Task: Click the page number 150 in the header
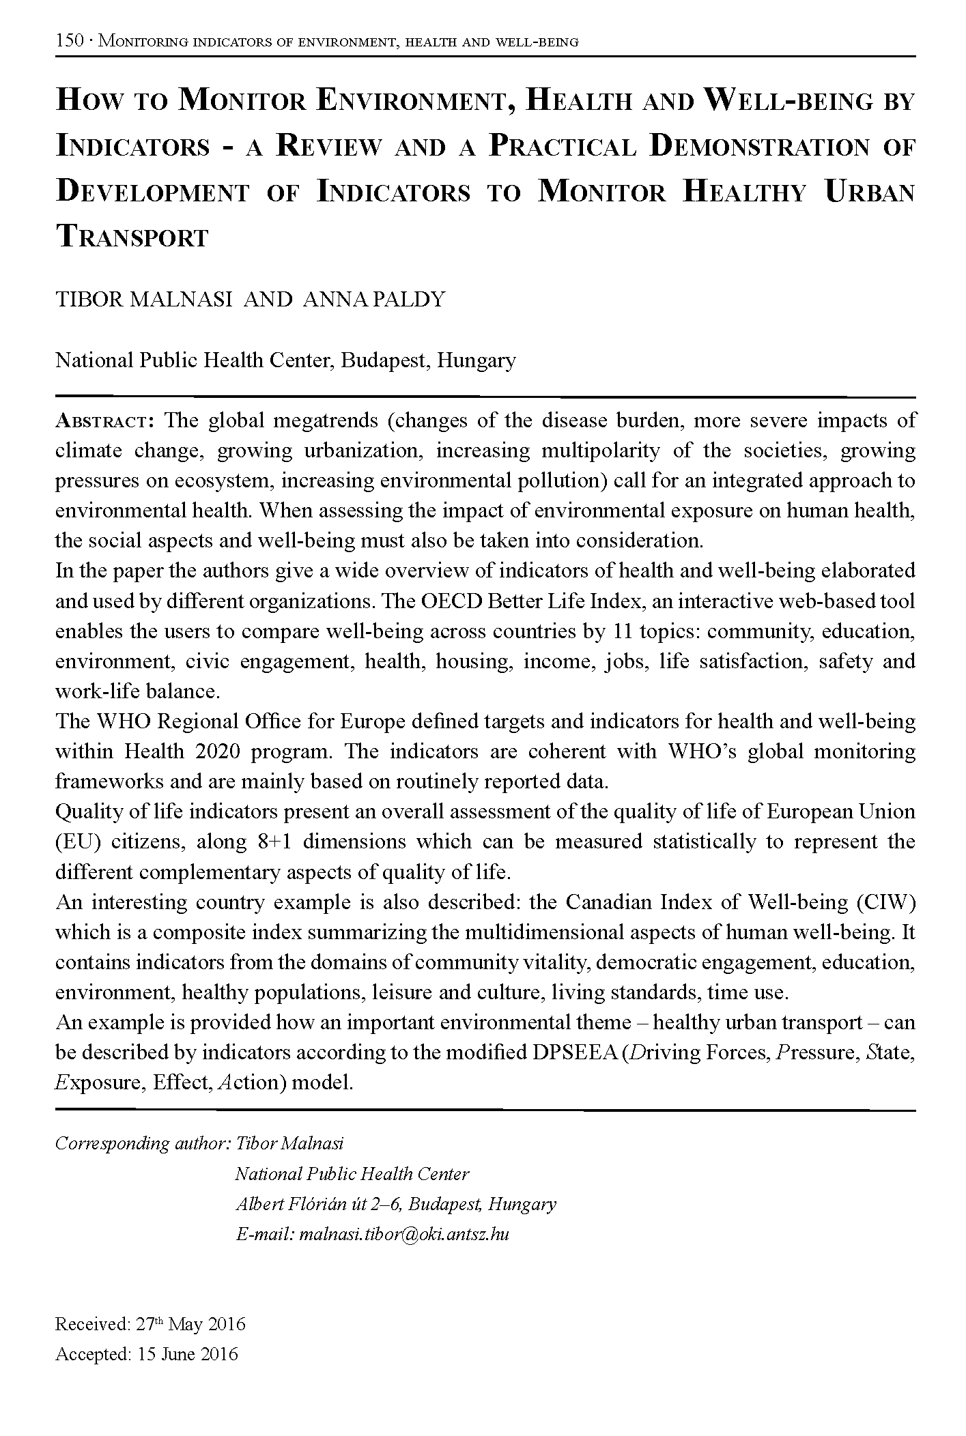coord(69,42)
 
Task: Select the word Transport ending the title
coord(132,238)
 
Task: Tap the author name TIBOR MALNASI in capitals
coord(144,300)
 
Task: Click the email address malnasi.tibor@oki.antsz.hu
coord(404,1233)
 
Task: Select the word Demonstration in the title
coord(758,147)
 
